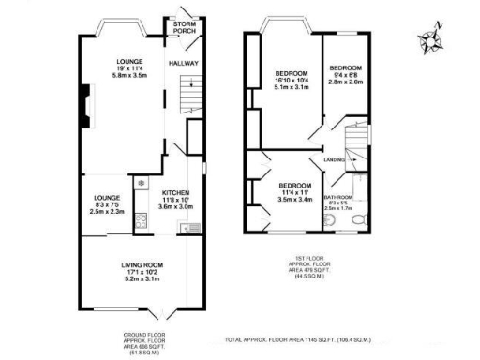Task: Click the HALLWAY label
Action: (x=182, y=63)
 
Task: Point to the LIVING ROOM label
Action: (x=143, y=265)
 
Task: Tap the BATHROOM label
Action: (x=337, y=198)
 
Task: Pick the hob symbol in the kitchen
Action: (x=141, y=222)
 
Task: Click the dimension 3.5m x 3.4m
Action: (x=295, y=199)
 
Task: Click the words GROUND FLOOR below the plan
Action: (x=143, y=335)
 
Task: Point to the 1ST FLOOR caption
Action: (x=301, y=259)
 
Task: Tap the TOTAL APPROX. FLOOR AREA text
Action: (x=281, y=340)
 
